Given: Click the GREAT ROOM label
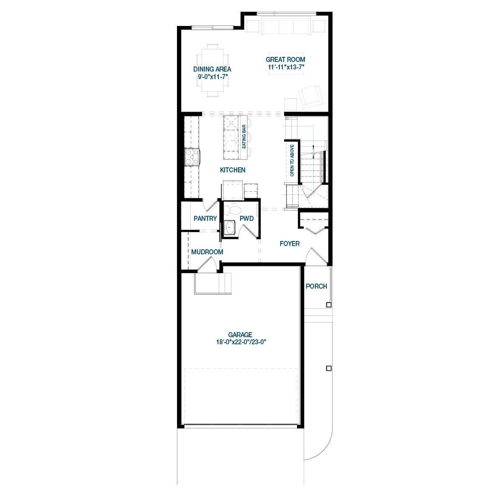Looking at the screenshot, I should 285,59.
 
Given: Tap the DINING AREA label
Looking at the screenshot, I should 212,69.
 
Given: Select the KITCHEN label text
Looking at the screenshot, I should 233,170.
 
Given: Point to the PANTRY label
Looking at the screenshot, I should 205,218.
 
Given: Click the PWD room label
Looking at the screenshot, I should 246,218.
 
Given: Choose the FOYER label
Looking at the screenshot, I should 289,243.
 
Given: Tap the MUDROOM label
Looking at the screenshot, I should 207,252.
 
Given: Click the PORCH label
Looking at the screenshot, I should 316,286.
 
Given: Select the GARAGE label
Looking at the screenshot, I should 240,335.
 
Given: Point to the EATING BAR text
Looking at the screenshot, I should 244,136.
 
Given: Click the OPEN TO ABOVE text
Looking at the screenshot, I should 292,160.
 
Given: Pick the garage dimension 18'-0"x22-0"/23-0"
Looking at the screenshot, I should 241,342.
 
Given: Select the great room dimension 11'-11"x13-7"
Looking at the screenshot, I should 285,67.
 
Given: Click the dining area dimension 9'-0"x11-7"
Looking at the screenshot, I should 212,77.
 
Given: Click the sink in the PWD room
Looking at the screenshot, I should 230,228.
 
